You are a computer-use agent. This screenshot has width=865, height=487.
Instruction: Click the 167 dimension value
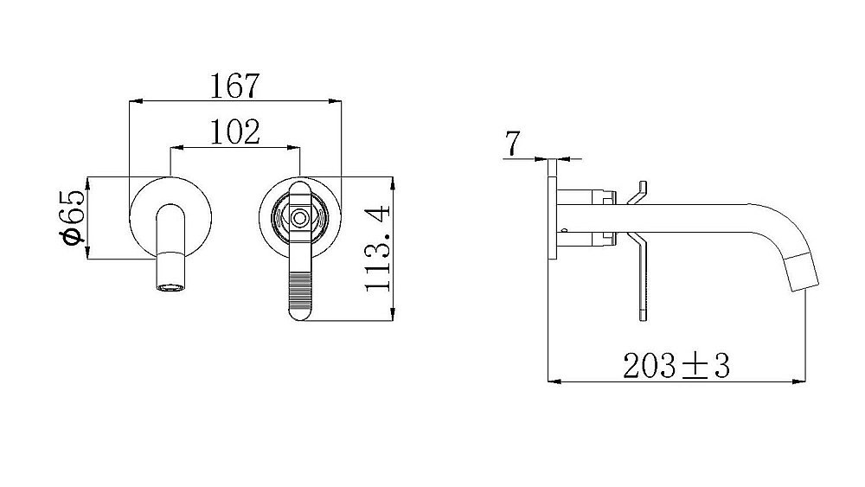234,86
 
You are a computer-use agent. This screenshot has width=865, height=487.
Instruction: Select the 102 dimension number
235,131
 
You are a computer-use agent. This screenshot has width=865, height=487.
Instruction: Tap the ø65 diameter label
72,217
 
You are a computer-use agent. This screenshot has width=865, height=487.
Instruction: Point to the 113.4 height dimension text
378,248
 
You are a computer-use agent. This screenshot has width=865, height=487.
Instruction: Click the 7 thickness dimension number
512,144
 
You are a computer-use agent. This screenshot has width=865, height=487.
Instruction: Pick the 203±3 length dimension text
676,366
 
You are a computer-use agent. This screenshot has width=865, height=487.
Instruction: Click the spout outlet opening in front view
170,287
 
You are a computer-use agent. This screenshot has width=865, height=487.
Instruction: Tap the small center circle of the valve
299,218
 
